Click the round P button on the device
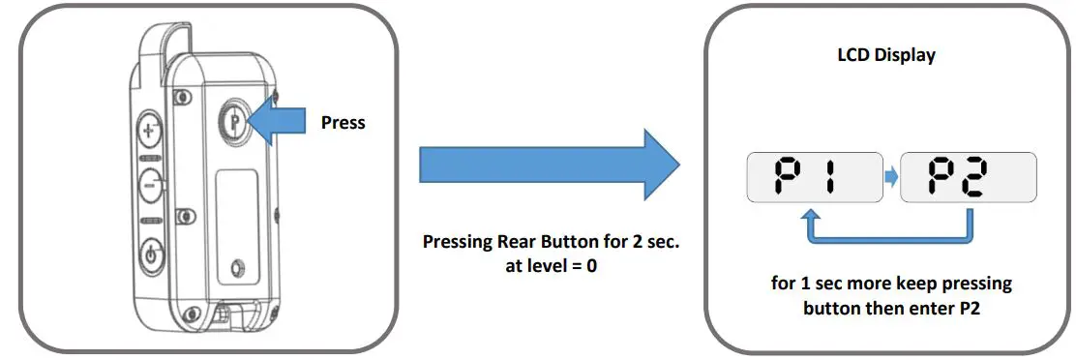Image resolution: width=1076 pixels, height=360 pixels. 234,122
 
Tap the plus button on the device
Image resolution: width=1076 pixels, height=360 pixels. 150,129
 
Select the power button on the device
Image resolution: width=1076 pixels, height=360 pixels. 150,256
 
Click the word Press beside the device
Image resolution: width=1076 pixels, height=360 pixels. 344,123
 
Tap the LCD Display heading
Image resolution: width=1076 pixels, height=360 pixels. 885,55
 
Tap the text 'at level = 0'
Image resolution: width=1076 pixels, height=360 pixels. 553,265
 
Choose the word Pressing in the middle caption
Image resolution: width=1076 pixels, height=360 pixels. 460,241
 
